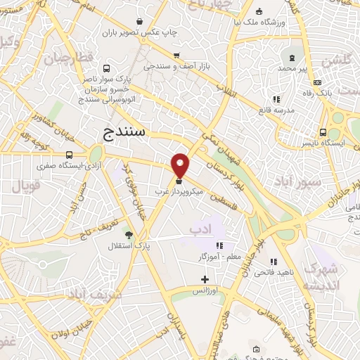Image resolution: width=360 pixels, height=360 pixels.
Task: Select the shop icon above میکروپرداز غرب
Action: [178, 181]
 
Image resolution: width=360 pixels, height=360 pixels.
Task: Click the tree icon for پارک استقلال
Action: [129, 235]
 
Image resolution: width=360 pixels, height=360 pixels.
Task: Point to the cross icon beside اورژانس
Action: [205, 280]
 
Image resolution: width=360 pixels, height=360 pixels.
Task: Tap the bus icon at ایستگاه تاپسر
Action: [323, 131]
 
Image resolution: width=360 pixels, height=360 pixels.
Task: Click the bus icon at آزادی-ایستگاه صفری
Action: [69, 155]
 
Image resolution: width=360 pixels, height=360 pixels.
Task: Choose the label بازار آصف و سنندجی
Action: [178, 67]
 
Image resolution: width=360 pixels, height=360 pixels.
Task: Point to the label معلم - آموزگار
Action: [220, 257]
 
